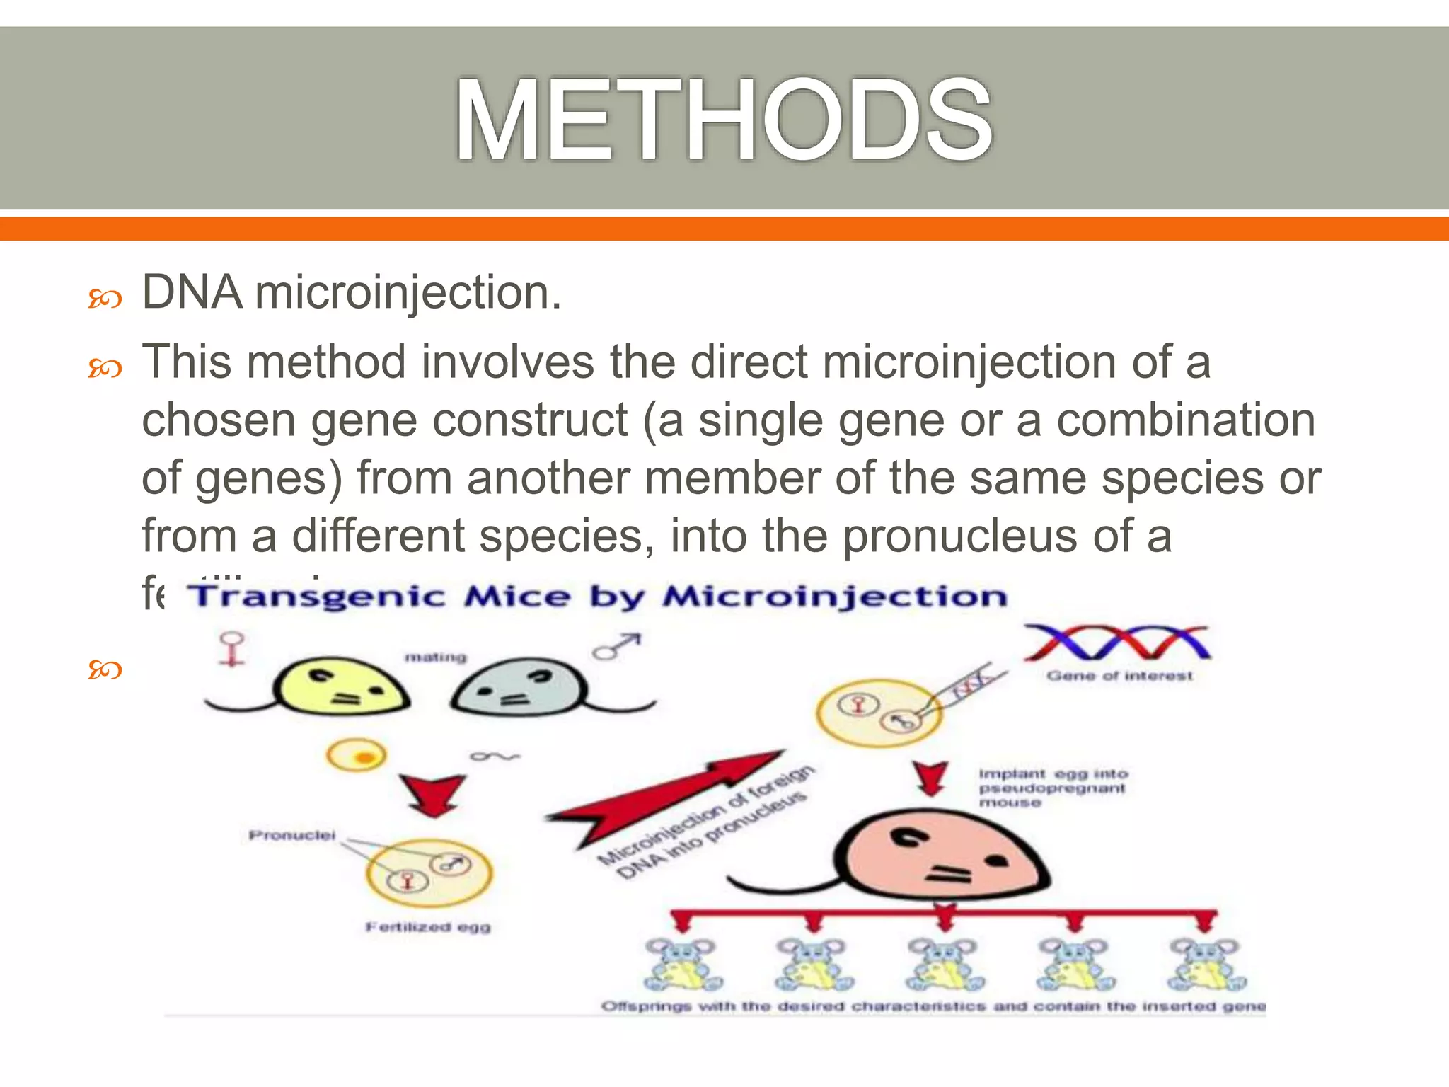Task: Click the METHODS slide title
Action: pos(723,120)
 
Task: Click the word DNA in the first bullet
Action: pos(192,292)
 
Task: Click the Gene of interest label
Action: pos(1119,677)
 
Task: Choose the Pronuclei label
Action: pos(291,836)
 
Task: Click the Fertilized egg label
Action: pos(427,927)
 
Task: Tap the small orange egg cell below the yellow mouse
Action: pos(357,756)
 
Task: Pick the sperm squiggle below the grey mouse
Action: pos(495,757)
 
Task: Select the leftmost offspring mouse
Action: pos(683,965)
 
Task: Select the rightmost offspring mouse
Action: pos(1206,965)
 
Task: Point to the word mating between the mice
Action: pos(435,657)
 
